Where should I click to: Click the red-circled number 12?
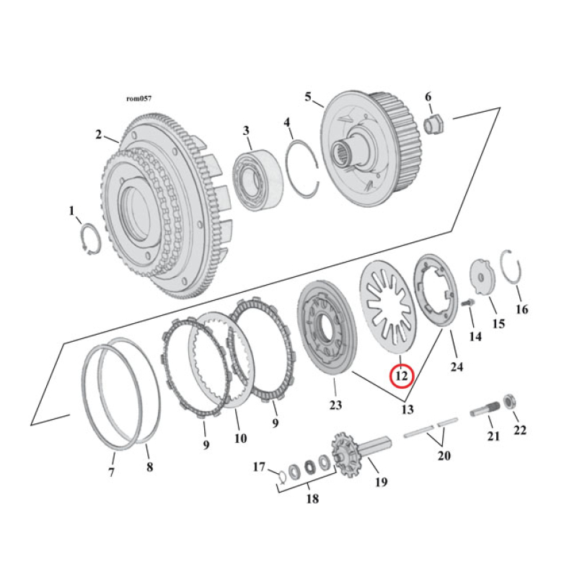click(x=401, y=376)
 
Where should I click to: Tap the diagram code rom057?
click(x=138, y=98)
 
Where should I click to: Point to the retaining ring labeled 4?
click(x=302, y=169)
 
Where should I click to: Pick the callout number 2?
click(x=98, y=133)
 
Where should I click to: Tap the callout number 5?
click(x=308, y=96)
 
